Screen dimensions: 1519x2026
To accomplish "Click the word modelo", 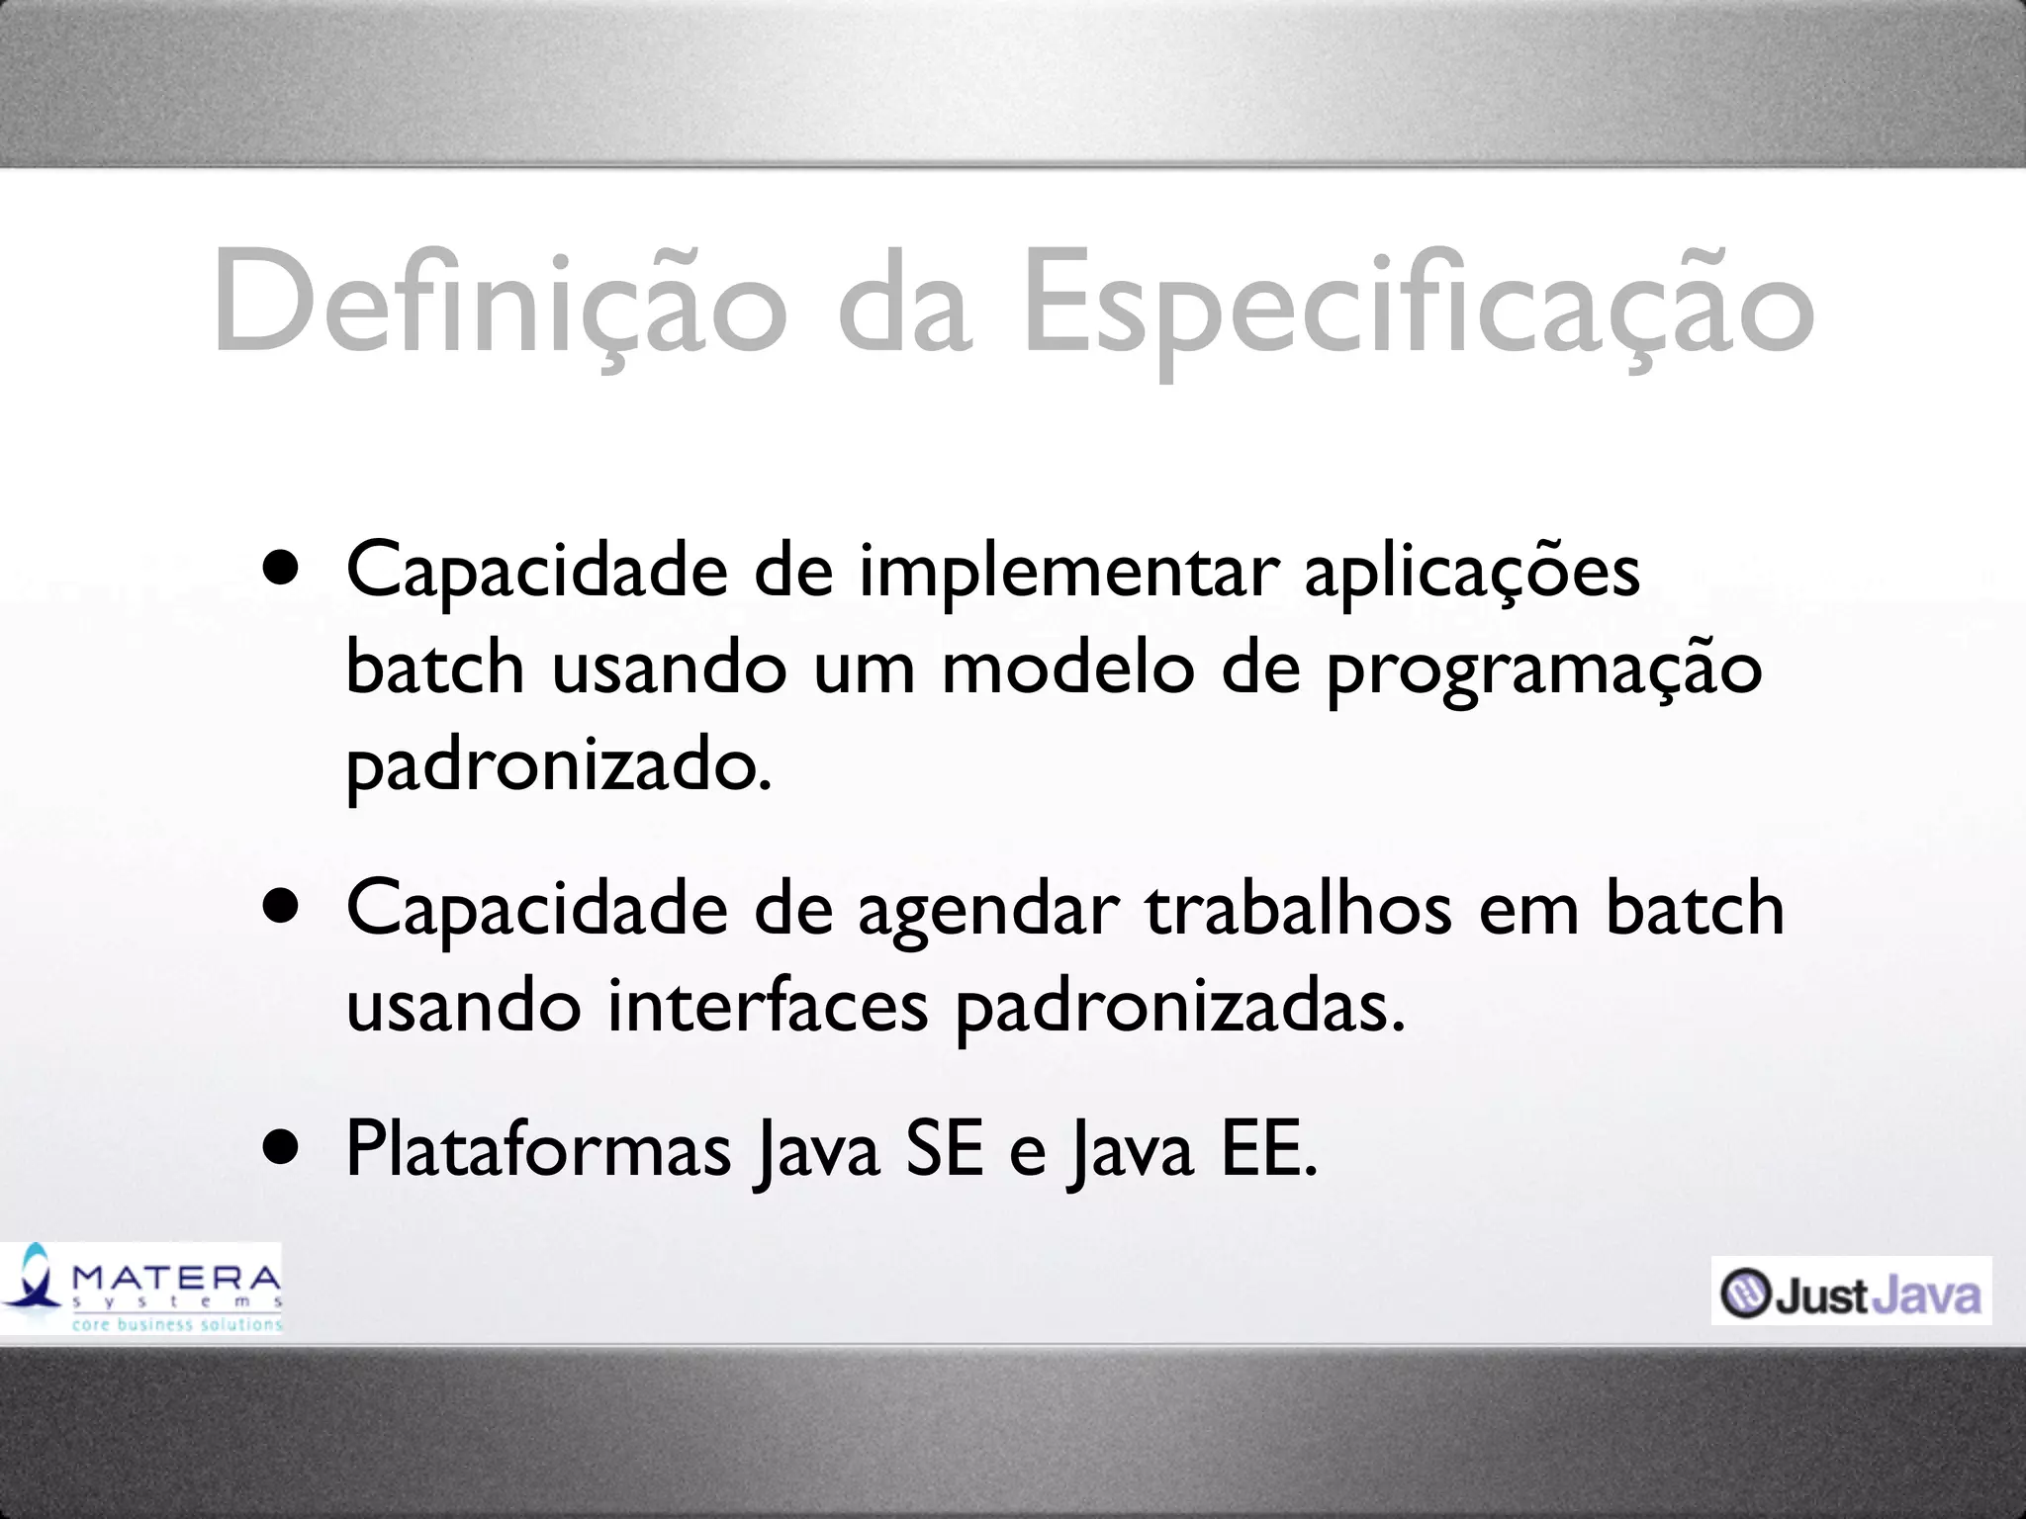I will coord(1068,669).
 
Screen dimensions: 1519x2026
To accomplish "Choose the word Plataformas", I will coord(538,1150).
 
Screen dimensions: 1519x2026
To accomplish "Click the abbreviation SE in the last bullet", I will coord(945,1150).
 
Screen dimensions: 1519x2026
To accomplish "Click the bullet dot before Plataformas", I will coord(281,1149).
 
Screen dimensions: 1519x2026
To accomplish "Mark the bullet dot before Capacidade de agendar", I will coord(281,908).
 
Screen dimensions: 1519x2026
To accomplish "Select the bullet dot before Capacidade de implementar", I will coord(281,571).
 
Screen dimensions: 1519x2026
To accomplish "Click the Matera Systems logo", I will coord(141,1287).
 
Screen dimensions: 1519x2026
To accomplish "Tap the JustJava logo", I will coord(1850,1291).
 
